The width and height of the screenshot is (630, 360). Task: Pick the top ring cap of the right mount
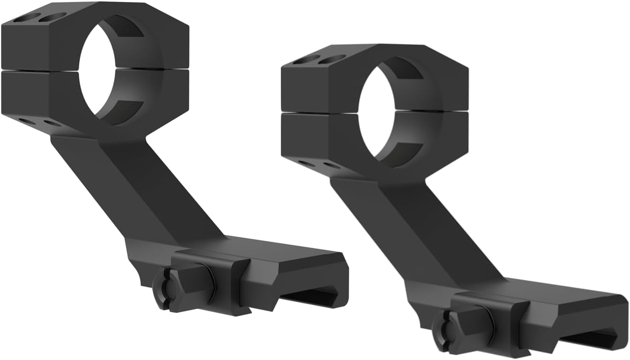point(322,81)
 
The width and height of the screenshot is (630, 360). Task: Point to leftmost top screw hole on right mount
point(305,60)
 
